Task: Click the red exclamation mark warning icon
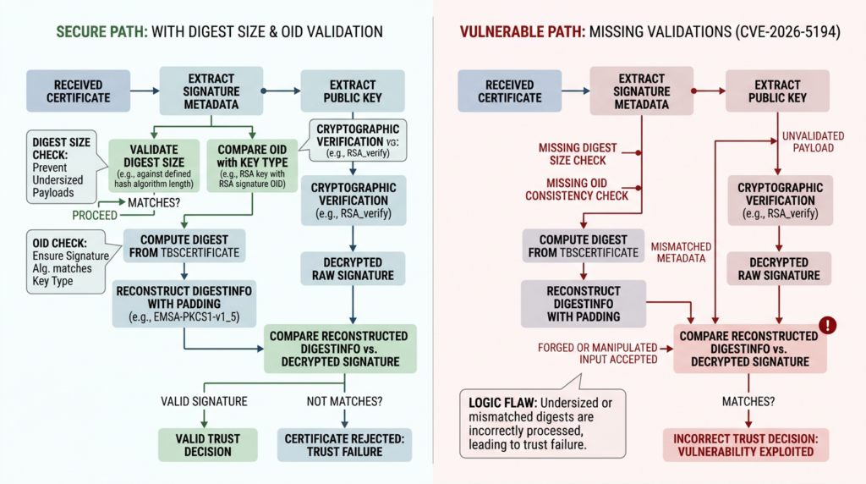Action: pyautogui.click(x=828, y=325)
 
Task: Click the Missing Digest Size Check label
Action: pyautogui.click(x=578, y=154)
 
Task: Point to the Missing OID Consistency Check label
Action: pyautogui.click(x=577, y=190)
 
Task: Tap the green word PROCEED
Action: pyautogui.click(x=94, y=216)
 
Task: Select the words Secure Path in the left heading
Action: pyautogui.click(x=94, y=32)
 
